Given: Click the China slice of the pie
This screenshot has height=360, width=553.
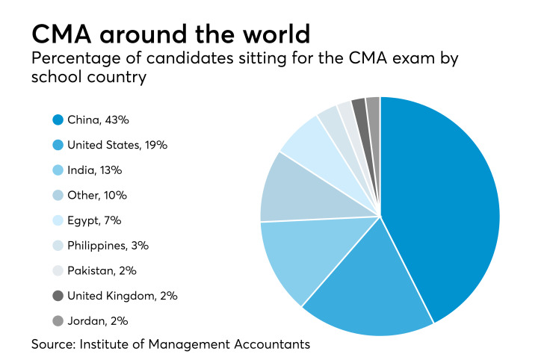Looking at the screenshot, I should click(441, 202).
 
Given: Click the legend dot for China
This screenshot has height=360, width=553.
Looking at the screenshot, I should click(58, 120).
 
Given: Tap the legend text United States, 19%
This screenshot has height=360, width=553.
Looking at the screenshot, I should click(117, 145).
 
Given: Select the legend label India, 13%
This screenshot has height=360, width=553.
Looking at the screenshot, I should click(94, 170).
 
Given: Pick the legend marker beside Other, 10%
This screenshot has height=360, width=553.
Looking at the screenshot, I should click(58, 195).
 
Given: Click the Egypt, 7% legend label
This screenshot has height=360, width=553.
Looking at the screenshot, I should click(94, 220).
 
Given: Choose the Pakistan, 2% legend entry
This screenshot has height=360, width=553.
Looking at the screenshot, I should click(102, 270).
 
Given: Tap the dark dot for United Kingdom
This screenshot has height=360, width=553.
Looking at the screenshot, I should click(58, 296).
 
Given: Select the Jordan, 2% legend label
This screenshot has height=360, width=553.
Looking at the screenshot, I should click(97, 320).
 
